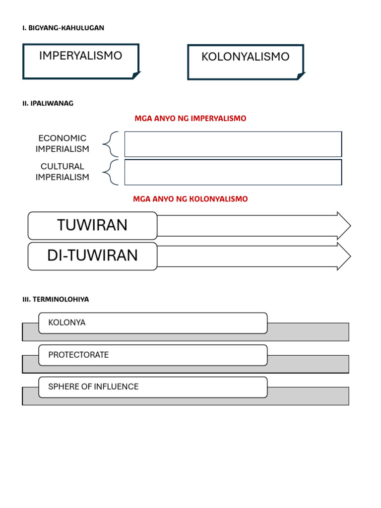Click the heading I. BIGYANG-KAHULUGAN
point(63,28)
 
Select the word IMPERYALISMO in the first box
point(80,56)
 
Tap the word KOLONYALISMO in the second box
point(245,57)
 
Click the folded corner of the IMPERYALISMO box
point(135,75)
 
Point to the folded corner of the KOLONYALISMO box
point(301,76)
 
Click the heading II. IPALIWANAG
point(48,103)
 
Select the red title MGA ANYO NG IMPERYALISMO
point(190,119)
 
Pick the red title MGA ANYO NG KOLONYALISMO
point(190,199)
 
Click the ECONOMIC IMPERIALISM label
point(63,143)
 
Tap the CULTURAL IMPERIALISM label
point(63,172)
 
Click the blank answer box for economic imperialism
point(233,144)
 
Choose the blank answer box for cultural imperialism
point(233,172)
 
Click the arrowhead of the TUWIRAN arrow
point(343,226)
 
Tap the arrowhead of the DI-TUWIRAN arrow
point(343,256)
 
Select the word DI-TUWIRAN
point(92,255)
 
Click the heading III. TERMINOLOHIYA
point(56,300)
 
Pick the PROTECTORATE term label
point(78,355)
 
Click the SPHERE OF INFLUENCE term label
point(93,387)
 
